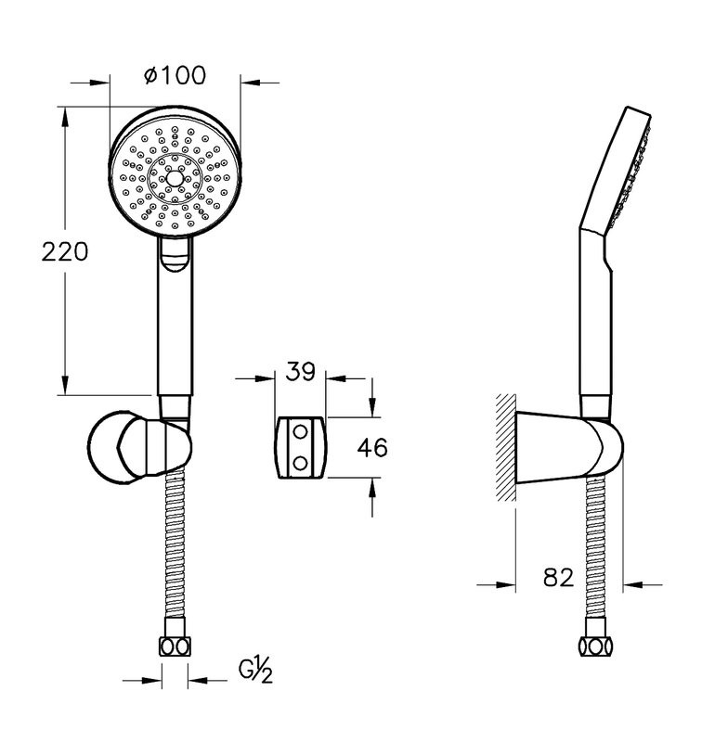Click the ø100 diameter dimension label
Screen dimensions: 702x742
coord(175,76)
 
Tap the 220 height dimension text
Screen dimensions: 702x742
coord(65,251)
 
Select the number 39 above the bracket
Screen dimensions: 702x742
coord(300,371)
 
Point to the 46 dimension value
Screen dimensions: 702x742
coord(372,448)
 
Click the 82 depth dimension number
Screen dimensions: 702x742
coord(558,577)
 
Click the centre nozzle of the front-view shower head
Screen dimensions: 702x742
coord(175,178)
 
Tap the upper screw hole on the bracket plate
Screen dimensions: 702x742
coord(300,431)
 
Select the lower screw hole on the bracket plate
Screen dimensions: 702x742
coord(300,463)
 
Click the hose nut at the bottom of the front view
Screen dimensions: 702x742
coord(175,646)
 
